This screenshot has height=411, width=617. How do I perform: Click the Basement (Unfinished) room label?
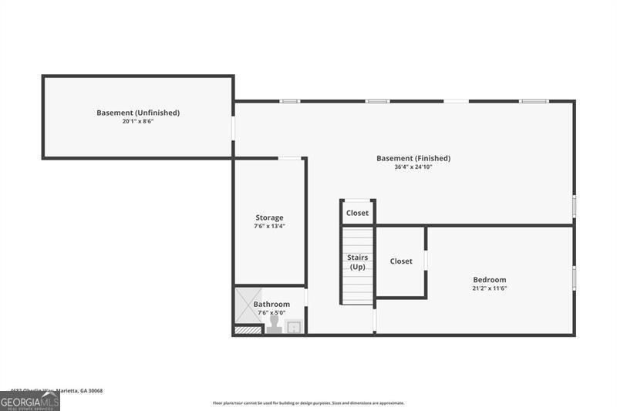(138, 113)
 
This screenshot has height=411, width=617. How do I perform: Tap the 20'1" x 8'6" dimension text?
(138, 122)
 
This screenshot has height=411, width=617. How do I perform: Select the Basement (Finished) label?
(413, 158)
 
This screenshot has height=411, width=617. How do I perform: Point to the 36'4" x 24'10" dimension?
(413, 167)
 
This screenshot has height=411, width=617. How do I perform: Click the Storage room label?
(270, 217)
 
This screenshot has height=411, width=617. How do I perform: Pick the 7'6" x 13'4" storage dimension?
(270, 227)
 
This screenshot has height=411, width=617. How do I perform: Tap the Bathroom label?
(271, 304)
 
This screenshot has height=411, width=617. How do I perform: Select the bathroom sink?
(294, 328)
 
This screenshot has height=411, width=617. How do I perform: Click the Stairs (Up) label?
(358, 262)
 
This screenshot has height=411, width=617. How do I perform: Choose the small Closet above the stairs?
(357, 213)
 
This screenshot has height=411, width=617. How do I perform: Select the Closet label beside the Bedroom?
(401, 261)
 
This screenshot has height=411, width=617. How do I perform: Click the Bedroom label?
(490, 279)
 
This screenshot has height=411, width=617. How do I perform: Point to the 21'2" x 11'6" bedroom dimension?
(490, 288)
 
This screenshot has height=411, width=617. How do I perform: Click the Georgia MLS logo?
(30, 402)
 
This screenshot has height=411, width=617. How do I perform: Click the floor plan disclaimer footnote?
(308, 403)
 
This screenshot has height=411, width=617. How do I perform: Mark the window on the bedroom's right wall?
(574, 278)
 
